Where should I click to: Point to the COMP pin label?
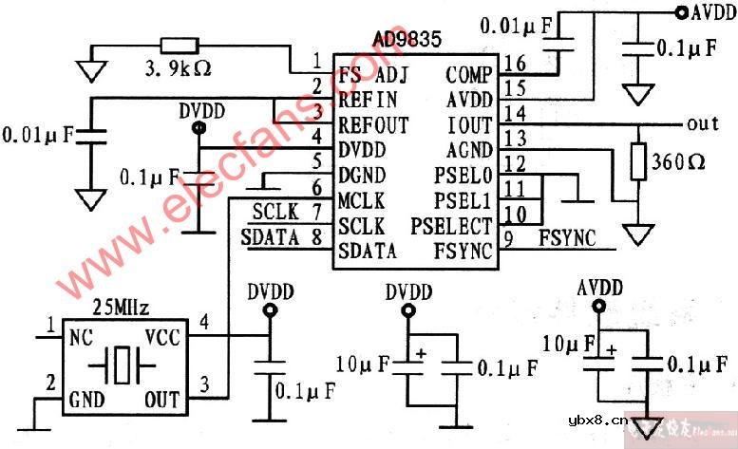click(469, 76)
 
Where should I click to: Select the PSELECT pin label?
click(452, 226)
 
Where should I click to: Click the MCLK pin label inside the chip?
click(361, 201)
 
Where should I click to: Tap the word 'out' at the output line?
click(703, 124)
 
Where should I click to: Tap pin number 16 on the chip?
click(515, 64)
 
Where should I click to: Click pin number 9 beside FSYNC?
click(509, 239)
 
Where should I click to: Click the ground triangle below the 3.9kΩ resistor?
click(92, 68)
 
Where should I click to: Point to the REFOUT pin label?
click(372, 125)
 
